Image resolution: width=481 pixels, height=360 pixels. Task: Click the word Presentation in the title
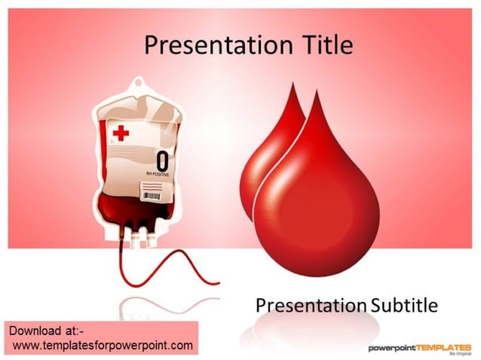coord(212,45)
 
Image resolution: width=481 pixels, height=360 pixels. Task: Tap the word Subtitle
coord(403,305)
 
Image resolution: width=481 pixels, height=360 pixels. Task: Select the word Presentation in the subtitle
coord(310,305)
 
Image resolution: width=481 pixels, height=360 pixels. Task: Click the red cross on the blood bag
coord(121,134)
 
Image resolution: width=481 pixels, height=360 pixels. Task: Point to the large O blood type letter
coord(162,160)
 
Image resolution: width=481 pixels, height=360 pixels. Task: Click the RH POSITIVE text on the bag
coord(158,175)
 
